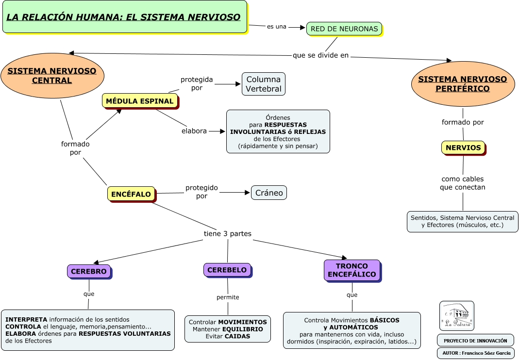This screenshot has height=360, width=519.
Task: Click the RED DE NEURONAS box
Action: (344, 29)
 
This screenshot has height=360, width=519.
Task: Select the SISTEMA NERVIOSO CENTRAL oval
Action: (52, 76)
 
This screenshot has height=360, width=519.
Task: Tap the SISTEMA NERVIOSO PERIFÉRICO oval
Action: (462, 84)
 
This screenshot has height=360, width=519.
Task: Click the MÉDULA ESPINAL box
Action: (139, 101)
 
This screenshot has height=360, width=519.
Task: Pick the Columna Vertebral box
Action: (263, 84)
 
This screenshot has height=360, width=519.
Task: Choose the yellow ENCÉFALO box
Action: (131, 194)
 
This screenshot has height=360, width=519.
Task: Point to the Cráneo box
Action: (269, 193)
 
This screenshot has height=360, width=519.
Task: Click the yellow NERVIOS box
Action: (463, 147)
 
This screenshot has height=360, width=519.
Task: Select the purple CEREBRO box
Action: (88, 272)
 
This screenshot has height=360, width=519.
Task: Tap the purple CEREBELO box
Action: (227, 270)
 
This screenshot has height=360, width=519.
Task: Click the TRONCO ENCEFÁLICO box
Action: (352, 270)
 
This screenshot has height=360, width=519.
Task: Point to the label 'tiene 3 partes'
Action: (227, 234)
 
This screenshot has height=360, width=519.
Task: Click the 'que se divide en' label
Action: (320, 55)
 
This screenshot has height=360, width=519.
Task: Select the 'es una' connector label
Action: (277, 27)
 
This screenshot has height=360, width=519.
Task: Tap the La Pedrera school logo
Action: (456, 316)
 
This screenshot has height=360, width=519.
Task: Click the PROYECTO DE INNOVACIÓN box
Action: (475, 341)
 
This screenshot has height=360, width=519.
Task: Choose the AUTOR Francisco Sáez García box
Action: (475, 353)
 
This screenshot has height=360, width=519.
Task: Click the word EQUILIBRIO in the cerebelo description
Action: (242, 329)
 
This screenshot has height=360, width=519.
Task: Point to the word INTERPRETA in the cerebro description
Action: (26, 319)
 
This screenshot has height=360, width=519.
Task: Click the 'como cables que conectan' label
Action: (462, 183)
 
